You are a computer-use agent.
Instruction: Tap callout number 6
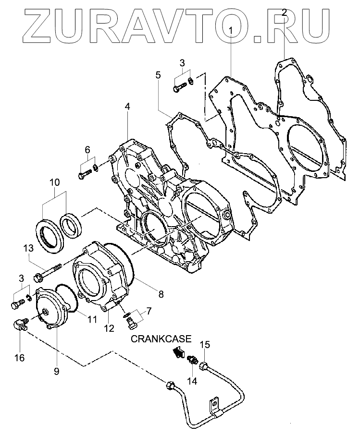87,150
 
